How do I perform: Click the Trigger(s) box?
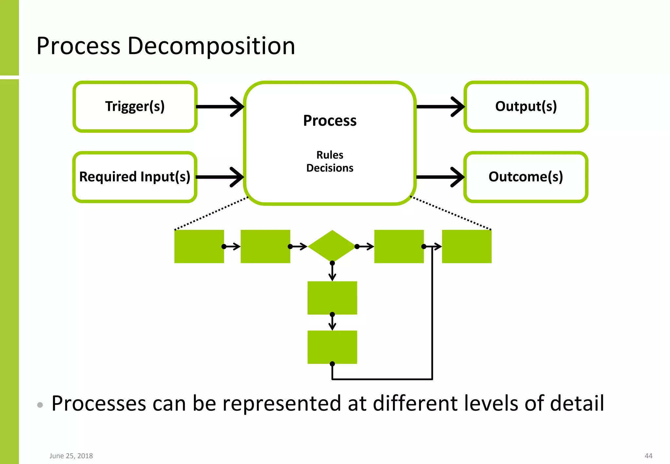tap(135, 107)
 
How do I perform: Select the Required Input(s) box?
tap(135, 177)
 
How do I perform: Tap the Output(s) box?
tap(526, 107)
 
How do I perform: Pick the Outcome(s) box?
tap(526, 177)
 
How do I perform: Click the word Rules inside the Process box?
tap(330, 155)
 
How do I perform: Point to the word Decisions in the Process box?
tap(330, 168)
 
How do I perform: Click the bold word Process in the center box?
tap(330, 120)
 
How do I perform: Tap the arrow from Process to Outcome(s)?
tap(440, 177)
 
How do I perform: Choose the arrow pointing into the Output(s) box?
tap(440, 107)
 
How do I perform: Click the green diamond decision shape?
tap(332, 246)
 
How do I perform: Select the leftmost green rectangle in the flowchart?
tap(199, 246)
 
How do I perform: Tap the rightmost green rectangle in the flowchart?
tap(467, 246)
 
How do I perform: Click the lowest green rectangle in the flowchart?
tap(332, 347)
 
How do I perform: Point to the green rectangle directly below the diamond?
tap(332, 298)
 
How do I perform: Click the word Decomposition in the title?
tap(211, 46)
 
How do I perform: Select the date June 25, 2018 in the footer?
tap(71, 456)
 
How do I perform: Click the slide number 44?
tap(648, 456)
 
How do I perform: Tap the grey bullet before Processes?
tap(40, 405)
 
